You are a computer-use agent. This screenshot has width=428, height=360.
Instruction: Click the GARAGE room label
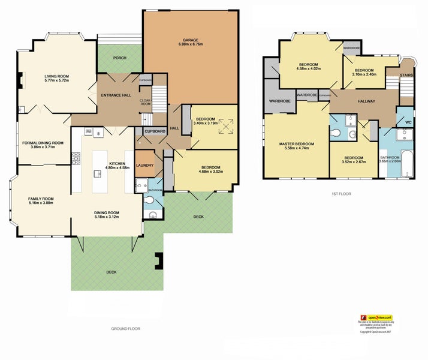(x=190, y=40)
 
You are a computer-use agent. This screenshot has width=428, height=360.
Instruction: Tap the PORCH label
(x=119, y=58)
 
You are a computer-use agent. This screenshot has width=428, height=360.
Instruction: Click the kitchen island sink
(x=97, y=174)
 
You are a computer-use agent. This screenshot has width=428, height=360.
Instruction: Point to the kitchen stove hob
(x=77, y=158)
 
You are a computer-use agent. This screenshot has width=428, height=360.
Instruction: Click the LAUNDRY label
(x=144, y=166)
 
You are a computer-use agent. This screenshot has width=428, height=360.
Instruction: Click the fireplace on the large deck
(x=159, y=260)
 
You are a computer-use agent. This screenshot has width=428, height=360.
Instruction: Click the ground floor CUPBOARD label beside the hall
(x=155, y=131)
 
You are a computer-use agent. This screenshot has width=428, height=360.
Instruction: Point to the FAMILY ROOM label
(x=41, y=199)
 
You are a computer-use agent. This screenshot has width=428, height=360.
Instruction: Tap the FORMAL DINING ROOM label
(x=43, y=143)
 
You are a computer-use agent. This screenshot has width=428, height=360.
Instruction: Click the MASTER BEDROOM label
(x=297, y=144)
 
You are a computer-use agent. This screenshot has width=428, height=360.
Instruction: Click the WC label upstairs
(x=408, y=122)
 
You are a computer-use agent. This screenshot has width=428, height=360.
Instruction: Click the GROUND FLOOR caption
(x=125, y=329)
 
